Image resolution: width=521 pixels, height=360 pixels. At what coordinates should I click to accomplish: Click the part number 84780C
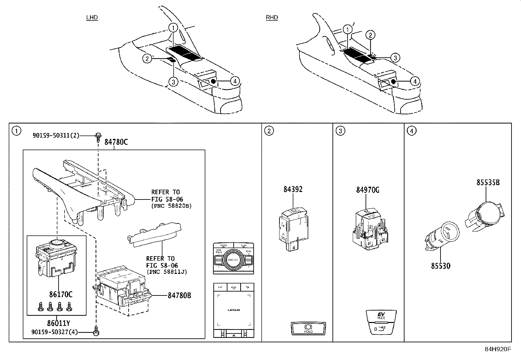116,142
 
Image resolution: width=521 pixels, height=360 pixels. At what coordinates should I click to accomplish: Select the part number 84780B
179,295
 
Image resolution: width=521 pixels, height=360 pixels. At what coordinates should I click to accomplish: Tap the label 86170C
61,294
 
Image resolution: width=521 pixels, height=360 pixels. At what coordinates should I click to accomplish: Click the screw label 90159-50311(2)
56,135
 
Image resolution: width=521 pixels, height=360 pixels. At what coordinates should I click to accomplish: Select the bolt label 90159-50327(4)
54,332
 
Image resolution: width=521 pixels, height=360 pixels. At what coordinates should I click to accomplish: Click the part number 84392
293,189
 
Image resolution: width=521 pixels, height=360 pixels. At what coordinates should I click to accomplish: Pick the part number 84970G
368,190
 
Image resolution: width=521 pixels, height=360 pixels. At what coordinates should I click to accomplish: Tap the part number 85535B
488,183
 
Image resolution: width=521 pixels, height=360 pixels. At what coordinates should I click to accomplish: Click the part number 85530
440,266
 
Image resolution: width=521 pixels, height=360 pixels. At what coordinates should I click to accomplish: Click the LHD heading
92,18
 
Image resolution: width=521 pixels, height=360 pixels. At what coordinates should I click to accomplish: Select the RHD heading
272,18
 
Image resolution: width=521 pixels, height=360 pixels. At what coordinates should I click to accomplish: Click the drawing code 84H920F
497,349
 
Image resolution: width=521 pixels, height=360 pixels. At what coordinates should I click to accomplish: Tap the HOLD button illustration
308,329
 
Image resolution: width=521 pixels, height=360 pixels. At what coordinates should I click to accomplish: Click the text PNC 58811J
167,272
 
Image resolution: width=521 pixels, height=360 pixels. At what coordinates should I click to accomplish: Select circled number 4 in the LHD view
235,81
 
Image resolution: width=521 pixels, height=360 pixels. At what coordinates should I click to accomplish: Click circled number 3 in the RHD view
395,58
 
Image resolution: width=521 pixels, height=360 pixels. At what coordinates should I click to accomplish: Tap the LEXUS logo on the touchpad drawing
234,310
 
